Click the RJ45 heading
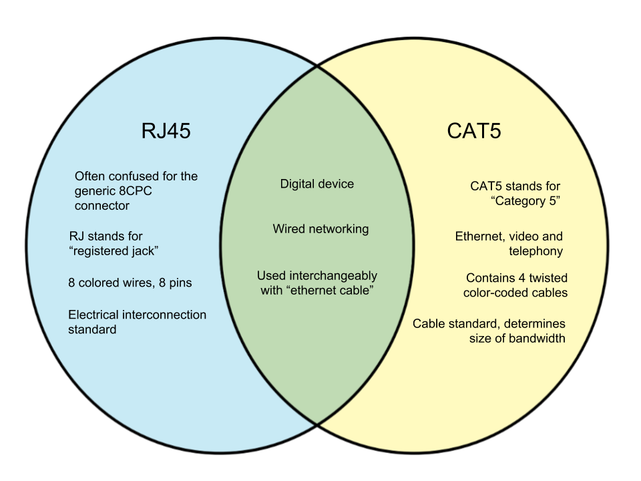(x=166, y=130)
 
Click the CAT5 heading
(x=474, y=130)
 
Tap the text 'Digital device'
(x=317, y=184)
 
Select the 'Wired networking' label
(x=320, y=229)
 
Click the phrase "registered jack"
(x=114, y=251)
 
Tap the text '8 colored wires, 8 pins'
(x=130, y=283)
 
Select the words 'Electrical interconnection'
(x=138, y=315)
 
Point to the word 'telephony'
(x=536, y=251)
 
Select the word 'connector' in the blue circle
(x=101, y=206)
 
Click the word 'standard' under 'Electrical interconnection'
(x=92, y=329)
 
